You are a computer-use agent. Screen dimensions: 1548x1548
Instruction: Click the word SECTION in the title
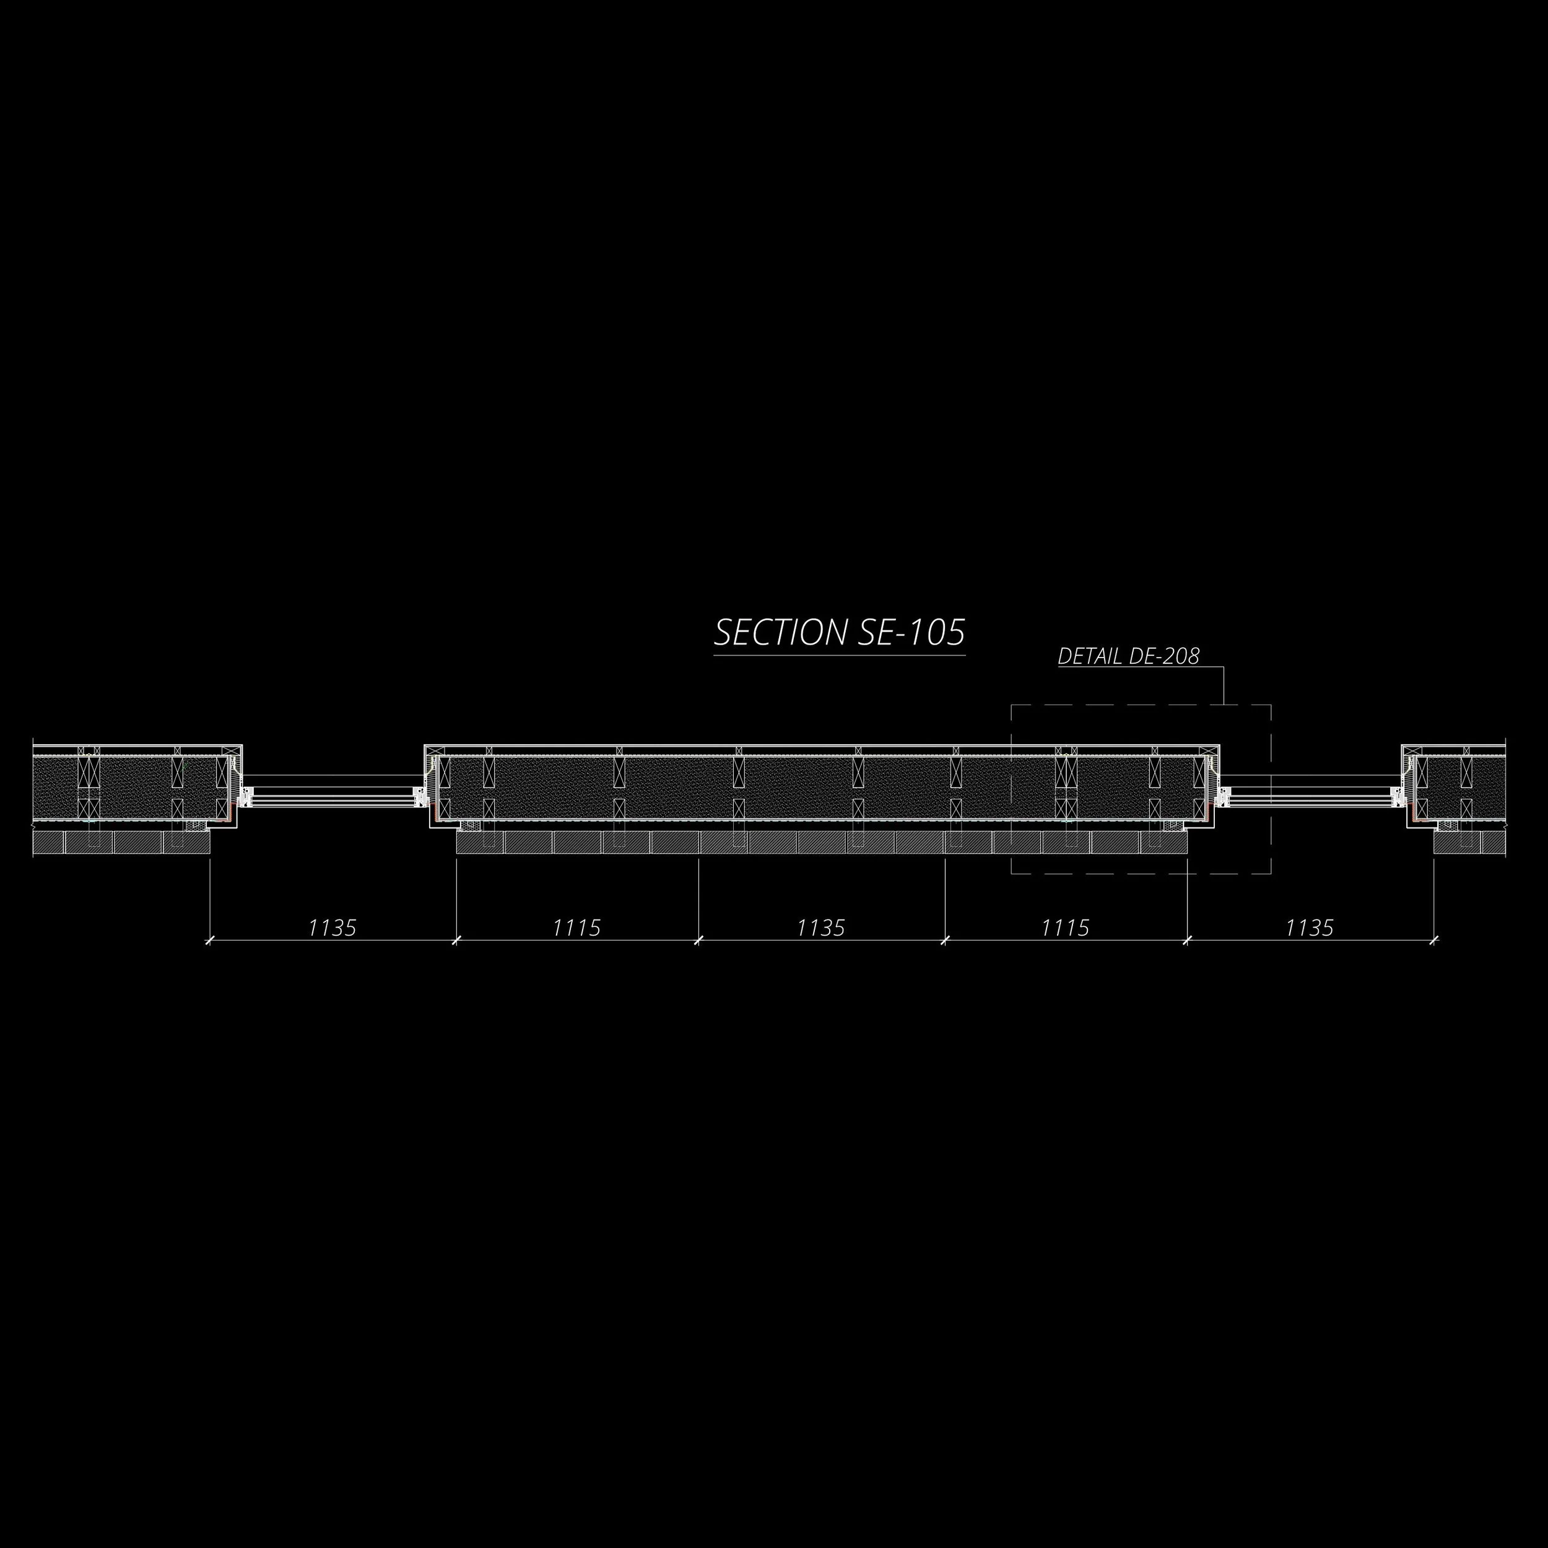[780, 633]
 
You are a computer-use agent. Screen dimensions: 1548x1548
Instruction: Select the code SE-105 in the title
[911, 633]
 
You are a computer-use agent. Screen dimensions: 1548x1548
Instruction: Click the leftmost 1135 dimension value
[333, 928]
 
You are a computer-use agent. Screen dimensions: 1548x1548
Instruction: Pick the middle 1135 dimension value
[821, 928]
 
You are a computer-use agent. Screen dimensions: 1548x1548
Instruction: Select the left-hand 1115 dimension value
[577, 928]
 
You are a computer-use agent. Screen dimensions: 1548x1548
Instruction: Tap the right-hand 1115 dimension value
[1066, 928]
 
